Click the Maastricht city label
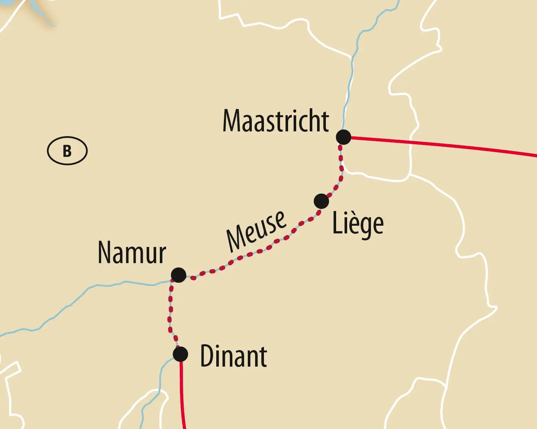click(276, 121)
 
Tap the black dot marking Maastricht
click(343, 137)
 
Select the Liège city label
click(358, 223)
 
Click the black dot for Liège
click(321, 201)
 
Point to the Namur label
click(132, 253)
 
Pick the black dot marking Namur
click(179, 275)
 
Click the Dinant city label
click(233, 356)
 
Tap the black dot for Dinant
click(180, 354)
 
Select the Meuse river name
click(256, 231)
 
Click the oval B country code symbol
click(67, 151)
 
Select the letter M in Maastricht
click(232, 121)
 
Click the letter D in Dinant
click(207, 356)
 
